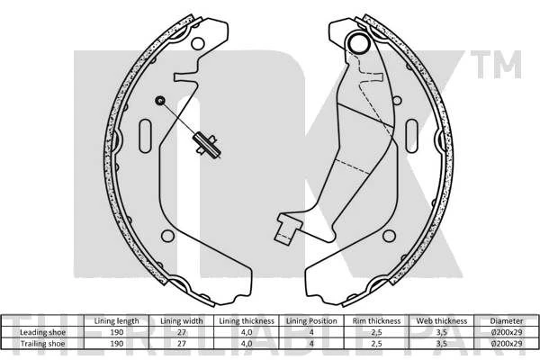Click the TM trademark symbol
coord(503,65)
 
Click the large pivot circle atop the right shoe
coord(359,42)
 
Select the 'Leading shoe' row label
coord(41,331)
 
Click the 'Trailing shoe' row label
coord(41,342)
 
